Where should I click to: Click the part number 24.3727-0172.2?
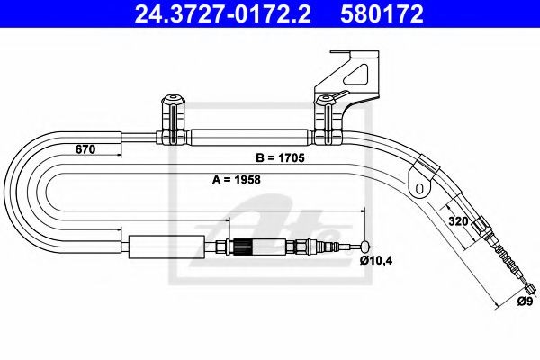[x=213, y=14]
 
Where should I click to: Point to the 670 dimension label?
[x=85, y=150]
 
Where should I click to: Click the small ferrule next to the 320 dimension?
[x=483, y=226]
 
